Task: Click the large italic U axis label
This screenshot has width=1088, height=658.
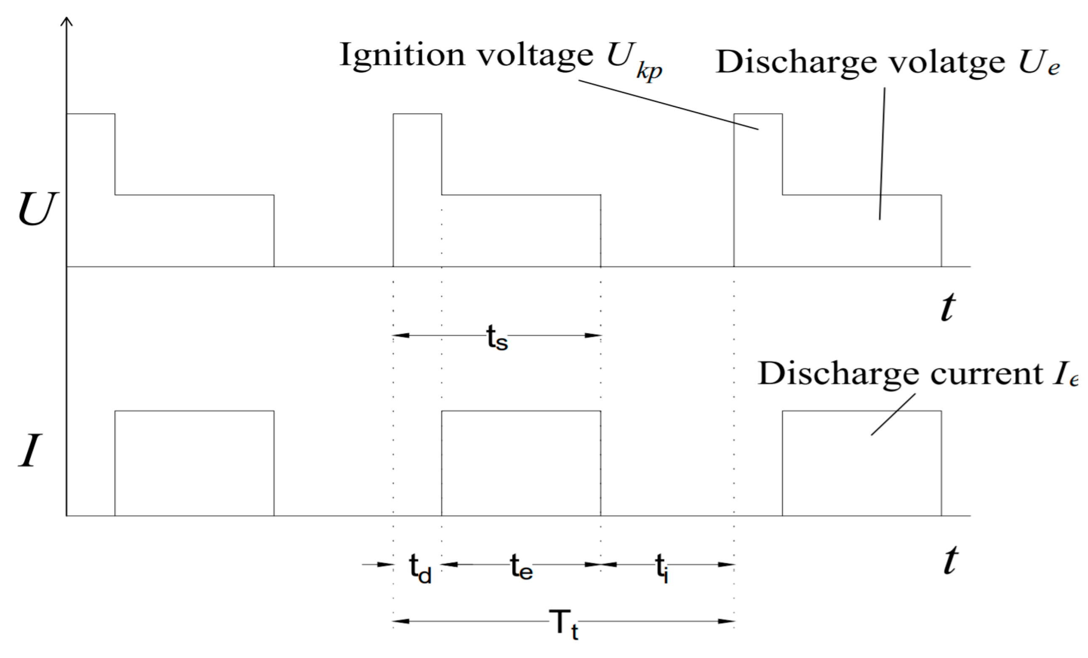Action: coord(37,210)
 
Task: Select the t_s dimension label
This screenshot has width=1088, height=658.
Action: coord(497,338)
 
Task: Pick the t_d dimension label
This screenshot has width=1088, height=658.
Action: coord(419,570)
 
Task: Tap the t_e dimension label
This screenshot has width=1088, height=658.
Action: coord(521,567)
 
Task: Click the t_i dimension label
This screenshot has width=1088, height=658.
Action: coord(661,569)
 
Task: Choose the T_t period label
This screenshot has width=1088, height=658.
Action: coord(563,624)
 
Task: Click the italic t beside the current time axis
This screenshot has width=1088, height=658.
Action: coord(949,561)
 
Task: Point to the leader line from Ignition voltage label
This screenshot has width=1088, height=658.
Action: coord(669,105)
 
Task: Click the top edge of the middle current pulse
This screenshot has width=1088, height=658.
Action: coord(521,411)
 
